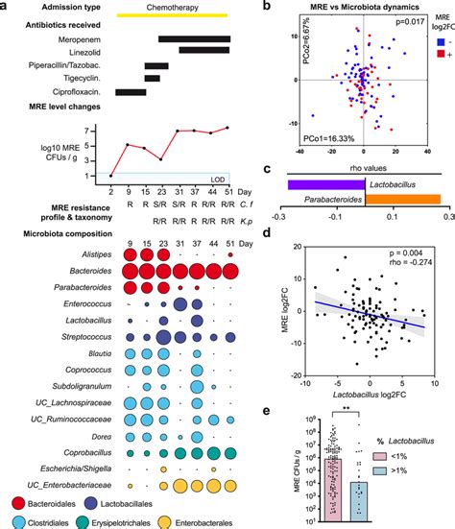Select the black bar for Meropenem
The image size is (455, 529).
(x=193, y=39)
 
